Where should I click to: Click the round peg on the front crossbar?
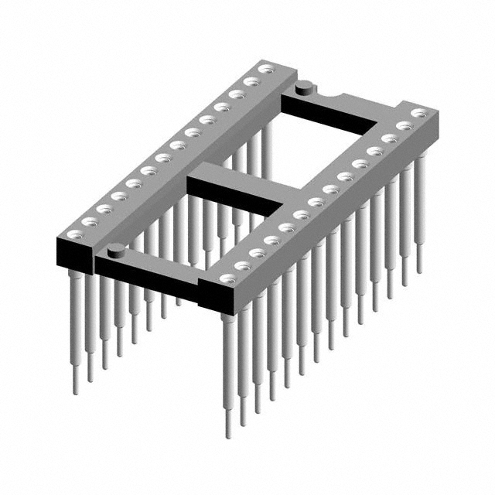click(x=116, y=249)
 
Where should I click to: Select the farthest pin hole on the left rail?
click(x=265, y=70)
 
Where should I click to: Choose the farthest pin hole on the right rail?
click(x=418, y=113)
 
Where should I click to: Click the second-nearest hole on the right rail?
click(x=242, y=265)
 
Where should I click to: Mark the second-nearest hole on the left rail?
click(x=88, y=221)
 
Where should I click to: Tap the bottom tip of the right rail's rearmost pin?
click(x=420, y=271)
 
